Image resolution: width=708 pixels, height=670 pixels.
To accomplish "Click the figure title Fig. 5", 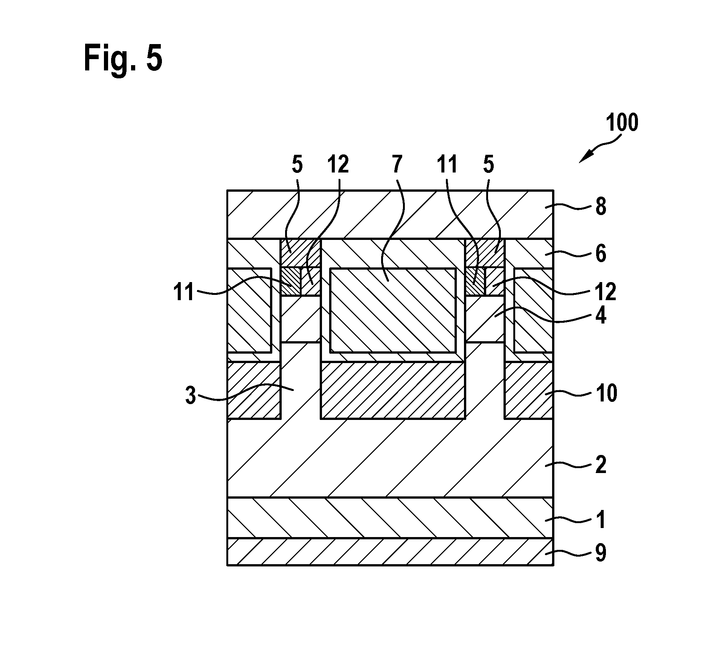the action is [123, 57].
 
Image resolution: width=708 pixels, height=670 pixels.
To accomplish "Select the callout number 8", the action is [601, 207].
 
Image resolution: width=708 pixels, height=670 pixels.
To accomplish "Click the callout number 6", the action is [601, 253].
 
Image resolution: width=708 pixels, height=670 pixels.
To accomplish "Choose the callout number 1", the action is [601, 520].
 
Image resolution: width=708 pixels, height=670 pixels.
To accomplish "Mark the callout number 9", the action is [601, 553].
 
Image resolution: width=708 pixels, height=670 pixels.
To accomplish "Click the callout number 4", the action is [601, 315].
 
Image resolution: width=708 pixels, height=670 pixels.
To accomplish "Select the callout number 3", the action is [191, 396].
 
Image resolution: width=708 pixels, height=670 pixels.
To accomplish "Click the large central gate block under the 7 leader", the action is [393, 310].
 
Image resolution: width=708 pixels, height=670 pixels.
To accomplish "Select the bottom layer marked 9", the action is [390, 551].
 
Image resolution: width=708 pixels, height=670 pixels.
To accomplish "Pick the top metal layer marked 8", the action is [390, 214].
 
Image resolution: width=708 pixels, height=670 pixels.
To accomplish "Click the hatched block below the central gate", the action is [393, 390].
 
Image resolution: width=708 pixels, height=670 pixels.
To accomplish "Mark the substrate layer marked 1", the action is [390, 517].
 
